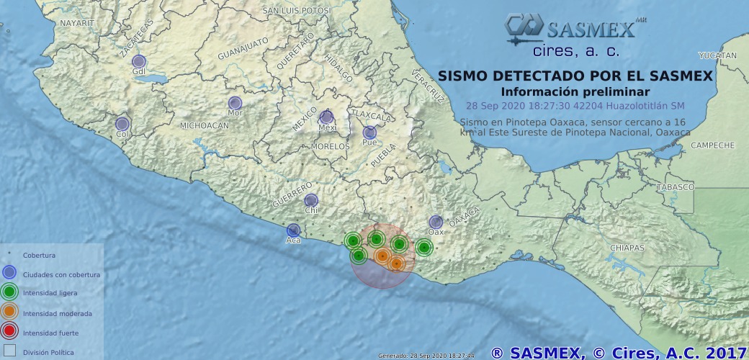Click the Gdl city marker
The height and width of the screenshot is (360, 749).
coord(139,62)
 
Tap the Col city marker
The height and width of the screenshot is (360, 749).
coord(122,125)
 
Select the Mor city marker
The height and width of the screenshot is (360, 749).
coord(235,103)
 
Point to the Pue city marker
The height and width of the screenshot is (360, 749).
coord(369,132)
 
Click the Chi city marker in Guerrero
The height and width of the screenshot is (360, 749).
coord(311,200)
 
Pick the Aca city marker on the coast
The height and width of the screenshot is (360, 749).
coord(294,230)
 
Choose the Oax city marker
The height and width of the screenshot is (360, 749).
coord(436,222)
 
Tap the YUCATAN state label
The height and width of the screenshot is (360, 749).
coord(718,55)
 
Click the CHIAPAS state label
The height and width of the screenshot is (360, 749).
coord(627,248)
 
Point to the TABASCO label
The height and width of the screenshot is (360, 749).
coord(675,187)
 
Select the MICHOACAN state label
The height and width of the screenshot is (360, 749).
coord(205,125)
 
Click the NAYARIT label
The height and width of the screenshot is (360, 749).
coord(77,23)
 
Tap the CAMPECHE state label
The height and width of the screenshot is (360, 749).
coord(712,145)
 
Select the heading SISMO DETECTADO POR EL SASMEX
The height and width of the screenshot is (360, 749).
coord(575,76)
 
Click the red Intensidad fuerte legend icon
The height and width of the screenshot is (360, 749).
coord(9,332)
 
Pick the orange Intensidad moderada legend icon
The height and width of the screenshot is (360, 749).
coord(9,312)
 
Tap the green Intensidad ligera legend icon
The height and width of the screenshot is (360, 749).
coord(9,292)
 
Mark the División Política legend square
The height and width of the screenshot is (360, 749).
coord(9,351)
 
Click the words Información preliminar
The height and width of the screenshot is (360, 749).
coord(575,91)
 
